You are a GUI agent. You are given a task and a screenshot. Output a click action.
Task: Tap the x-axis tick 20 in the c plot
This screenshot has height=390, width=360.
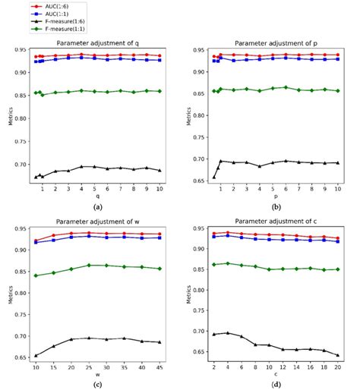[338, 367]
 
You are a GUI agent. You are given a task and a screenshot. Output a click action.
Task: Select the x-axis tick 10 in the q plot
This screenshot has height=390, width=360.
[159, 187]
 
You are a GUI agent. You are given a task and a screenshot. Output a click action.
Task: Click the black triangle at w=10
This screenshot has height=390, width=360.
[36, 355]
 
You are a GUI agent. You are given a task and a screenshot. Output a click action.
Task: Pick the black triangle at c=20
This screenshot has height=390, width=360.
[338, 354]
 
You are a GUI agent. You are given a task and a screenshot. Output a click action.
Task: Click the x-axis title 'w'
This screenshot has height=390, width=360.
[97, 376]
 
